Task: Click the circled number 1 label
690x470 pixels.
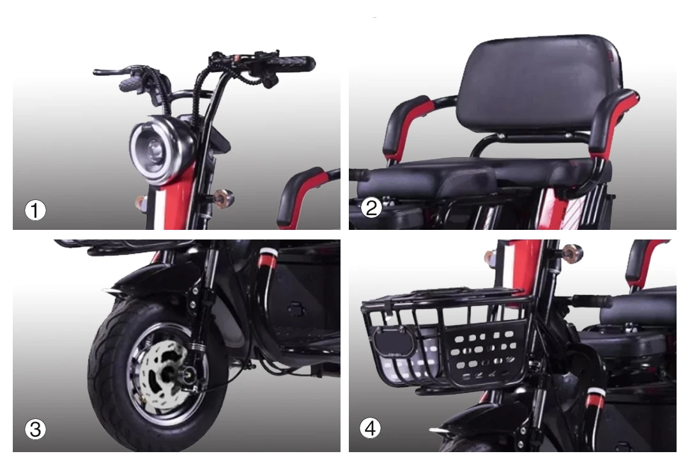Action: tap(35, 210)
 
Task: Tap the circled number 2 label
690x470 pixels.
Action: tap(371, 208)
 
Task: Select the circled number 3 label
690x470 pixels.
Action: tap(35, 430)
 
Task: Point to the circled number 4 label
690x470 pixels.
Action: tap(371, 428)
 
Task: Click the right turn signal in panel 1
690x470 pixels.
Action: tap(224, 198)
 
